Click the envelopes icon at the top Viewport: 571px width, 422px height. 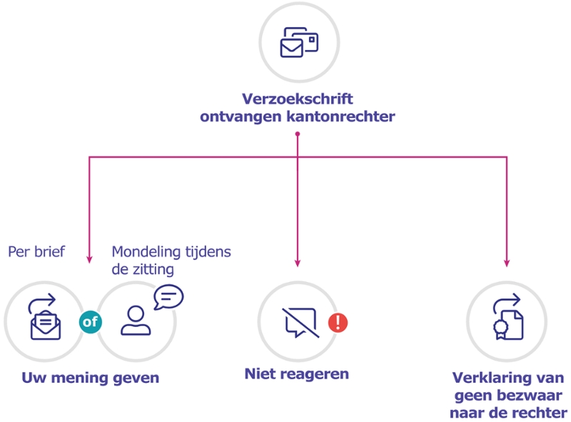tap(298, 42)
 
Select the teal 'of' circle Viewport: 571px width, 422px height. tap(90, 322)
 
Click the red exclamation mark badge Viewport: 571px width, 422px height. tap(337, 323)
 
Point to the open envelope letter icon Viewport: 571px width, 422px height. tap(45, 319)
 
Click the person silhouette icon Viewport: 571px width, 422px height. tap(135, 321)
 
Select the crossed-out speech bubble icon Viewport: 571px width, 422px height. tap(298, 323)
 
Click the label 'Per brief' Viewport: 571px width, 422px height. tap(36, 252)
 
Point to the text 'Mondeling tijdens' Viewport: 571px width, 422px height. tap(171, 252)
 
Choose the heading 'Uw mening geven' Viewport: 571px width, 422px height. tap(90, 378)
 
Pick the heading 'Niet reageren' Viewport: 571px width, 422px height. tap(297, 373)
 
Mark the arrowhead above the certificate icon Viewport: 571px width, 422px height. tap(507, 263)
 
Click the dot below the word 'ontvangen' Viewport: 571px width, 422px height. tap(298, 133)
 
